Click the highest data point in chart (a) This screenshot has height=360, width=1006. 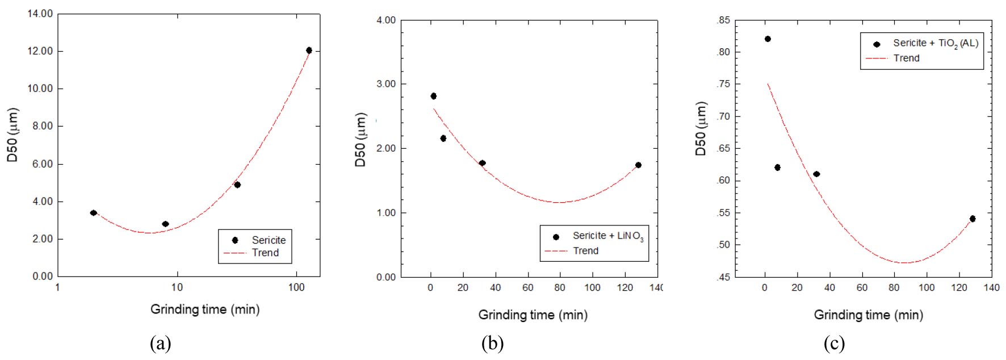[309, 51]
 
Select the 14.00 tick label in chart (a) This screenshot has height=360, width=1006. [40, 14]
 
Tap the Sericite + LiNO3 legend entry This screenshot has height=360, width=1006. [607, 236]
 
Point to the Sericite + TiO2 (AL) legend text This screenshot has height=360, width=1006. [935, 43]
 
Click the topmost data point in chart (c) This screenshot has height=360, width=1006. [768, 39]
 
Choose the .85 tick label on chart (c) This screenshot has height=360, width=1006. [723, 20]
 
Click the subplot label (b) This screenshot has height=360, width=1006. [492, 344]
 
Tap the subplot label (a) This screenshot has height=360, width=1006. [160, 344]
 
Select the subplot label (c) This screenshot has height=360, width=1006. [834, 344]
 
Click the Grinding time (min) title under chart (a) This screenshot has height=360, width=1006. [205, 309]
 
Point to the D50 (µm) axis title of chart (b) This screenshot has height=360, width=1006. [361, 140]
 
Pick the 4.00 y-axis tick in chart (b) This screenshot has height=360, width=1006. [385, 20]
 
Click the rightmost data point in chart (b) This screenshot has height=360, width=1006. [638, 165]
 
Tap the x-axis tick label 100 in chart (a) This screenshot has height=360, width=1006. [296, 287]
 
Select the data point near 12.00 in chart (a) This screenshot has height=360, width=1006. [309, 51]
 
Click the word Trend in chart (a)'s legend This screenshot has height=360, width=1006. [265, 253]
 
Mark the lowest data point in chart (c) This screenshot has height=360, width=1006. [973, 219]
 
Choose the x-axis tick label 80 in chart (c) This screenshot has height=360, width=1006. [894, 288]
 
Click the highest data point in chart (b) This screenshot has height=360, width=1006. [433, 96]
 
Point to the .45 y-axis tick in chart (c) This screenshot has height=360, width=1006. [723, 277]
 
